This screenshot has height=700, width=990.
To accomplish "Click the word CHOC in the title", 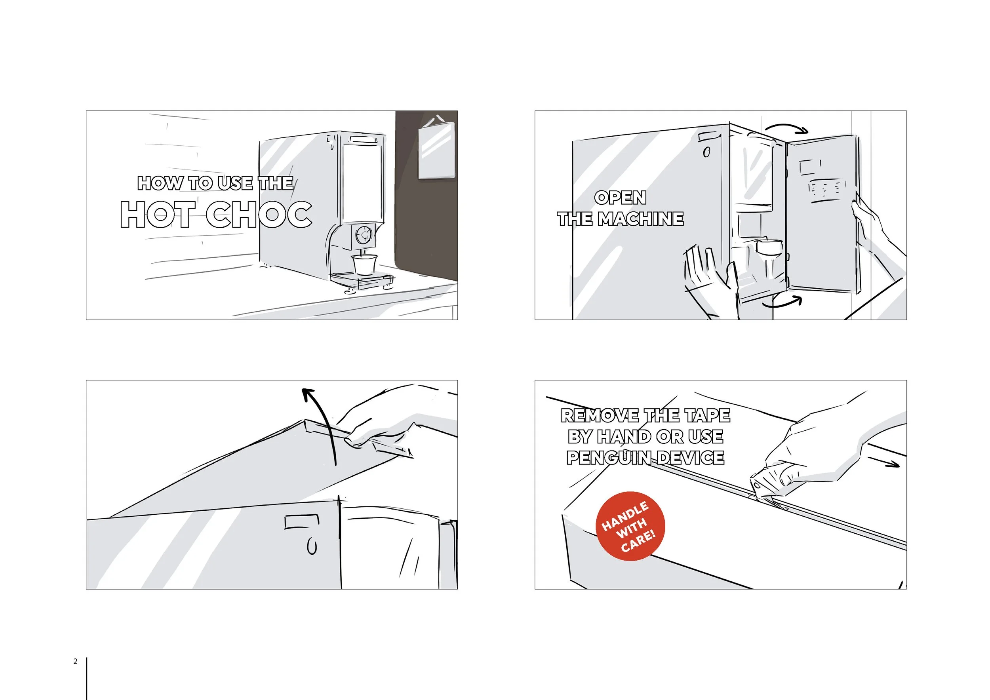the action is tap(259, 214).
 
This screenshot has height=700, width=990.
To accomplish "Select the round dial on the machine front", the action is tap(364, 235).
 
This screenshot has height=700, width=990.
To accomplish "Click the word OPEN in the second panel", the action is tap(620, 198).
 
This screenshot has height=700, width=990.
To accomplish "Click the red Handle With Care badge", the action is tap(630, 526).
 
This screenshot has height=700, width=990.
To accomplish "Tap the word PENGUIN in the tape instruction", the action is tap(608, 457).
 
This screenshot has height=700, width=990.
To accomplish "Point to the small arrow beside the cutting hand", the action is tap(883, 461).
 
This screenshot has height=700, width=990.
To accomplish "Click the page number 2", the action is tap(76, 661).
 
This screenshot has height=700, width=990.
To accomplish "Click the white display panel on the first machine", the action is tap(362, 181).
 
